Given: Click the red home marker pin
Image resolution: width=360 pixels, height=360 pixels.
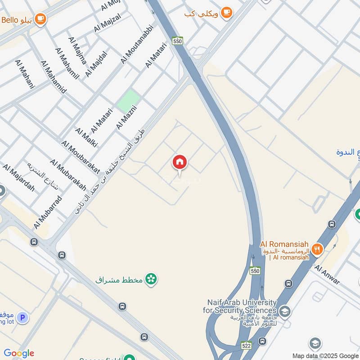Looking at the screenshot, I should point(180,162).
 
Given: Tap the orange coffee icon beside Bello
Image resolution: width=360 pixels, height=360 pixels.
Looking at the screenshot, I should point(41,19).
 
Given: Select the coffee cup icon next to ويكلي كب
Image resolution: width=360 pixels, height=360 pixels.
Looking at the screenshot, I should point(227,13).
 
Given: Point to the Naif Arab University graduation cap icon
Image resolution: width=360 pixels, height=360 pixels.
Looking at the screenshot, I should point(284,310).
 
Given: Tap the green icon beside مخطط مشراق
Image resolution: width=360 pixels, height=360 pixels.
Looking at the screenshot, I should point(152,279).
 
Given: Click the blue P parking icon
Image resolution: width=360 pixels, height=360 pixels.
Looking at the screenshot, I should point(22,318).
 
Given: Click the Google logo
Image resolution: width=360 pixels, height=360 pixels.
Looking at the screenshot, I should point(19,353).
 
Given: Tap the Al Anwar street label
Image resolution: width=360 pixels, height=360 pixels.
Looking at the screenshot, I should point(328,274).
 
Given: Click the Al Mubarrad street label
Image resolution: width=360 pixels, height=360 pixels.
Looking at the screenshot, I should point(48,211).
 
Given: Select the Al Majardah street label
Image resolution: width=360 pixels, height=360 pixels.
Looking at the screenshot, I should point(18,178).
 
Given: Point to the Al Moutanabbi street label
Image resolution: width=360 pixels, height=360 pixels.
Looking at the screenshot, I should point(137,44).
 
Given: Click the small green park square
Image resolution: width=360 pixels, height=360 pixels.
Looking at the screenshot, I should point(128,101).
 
